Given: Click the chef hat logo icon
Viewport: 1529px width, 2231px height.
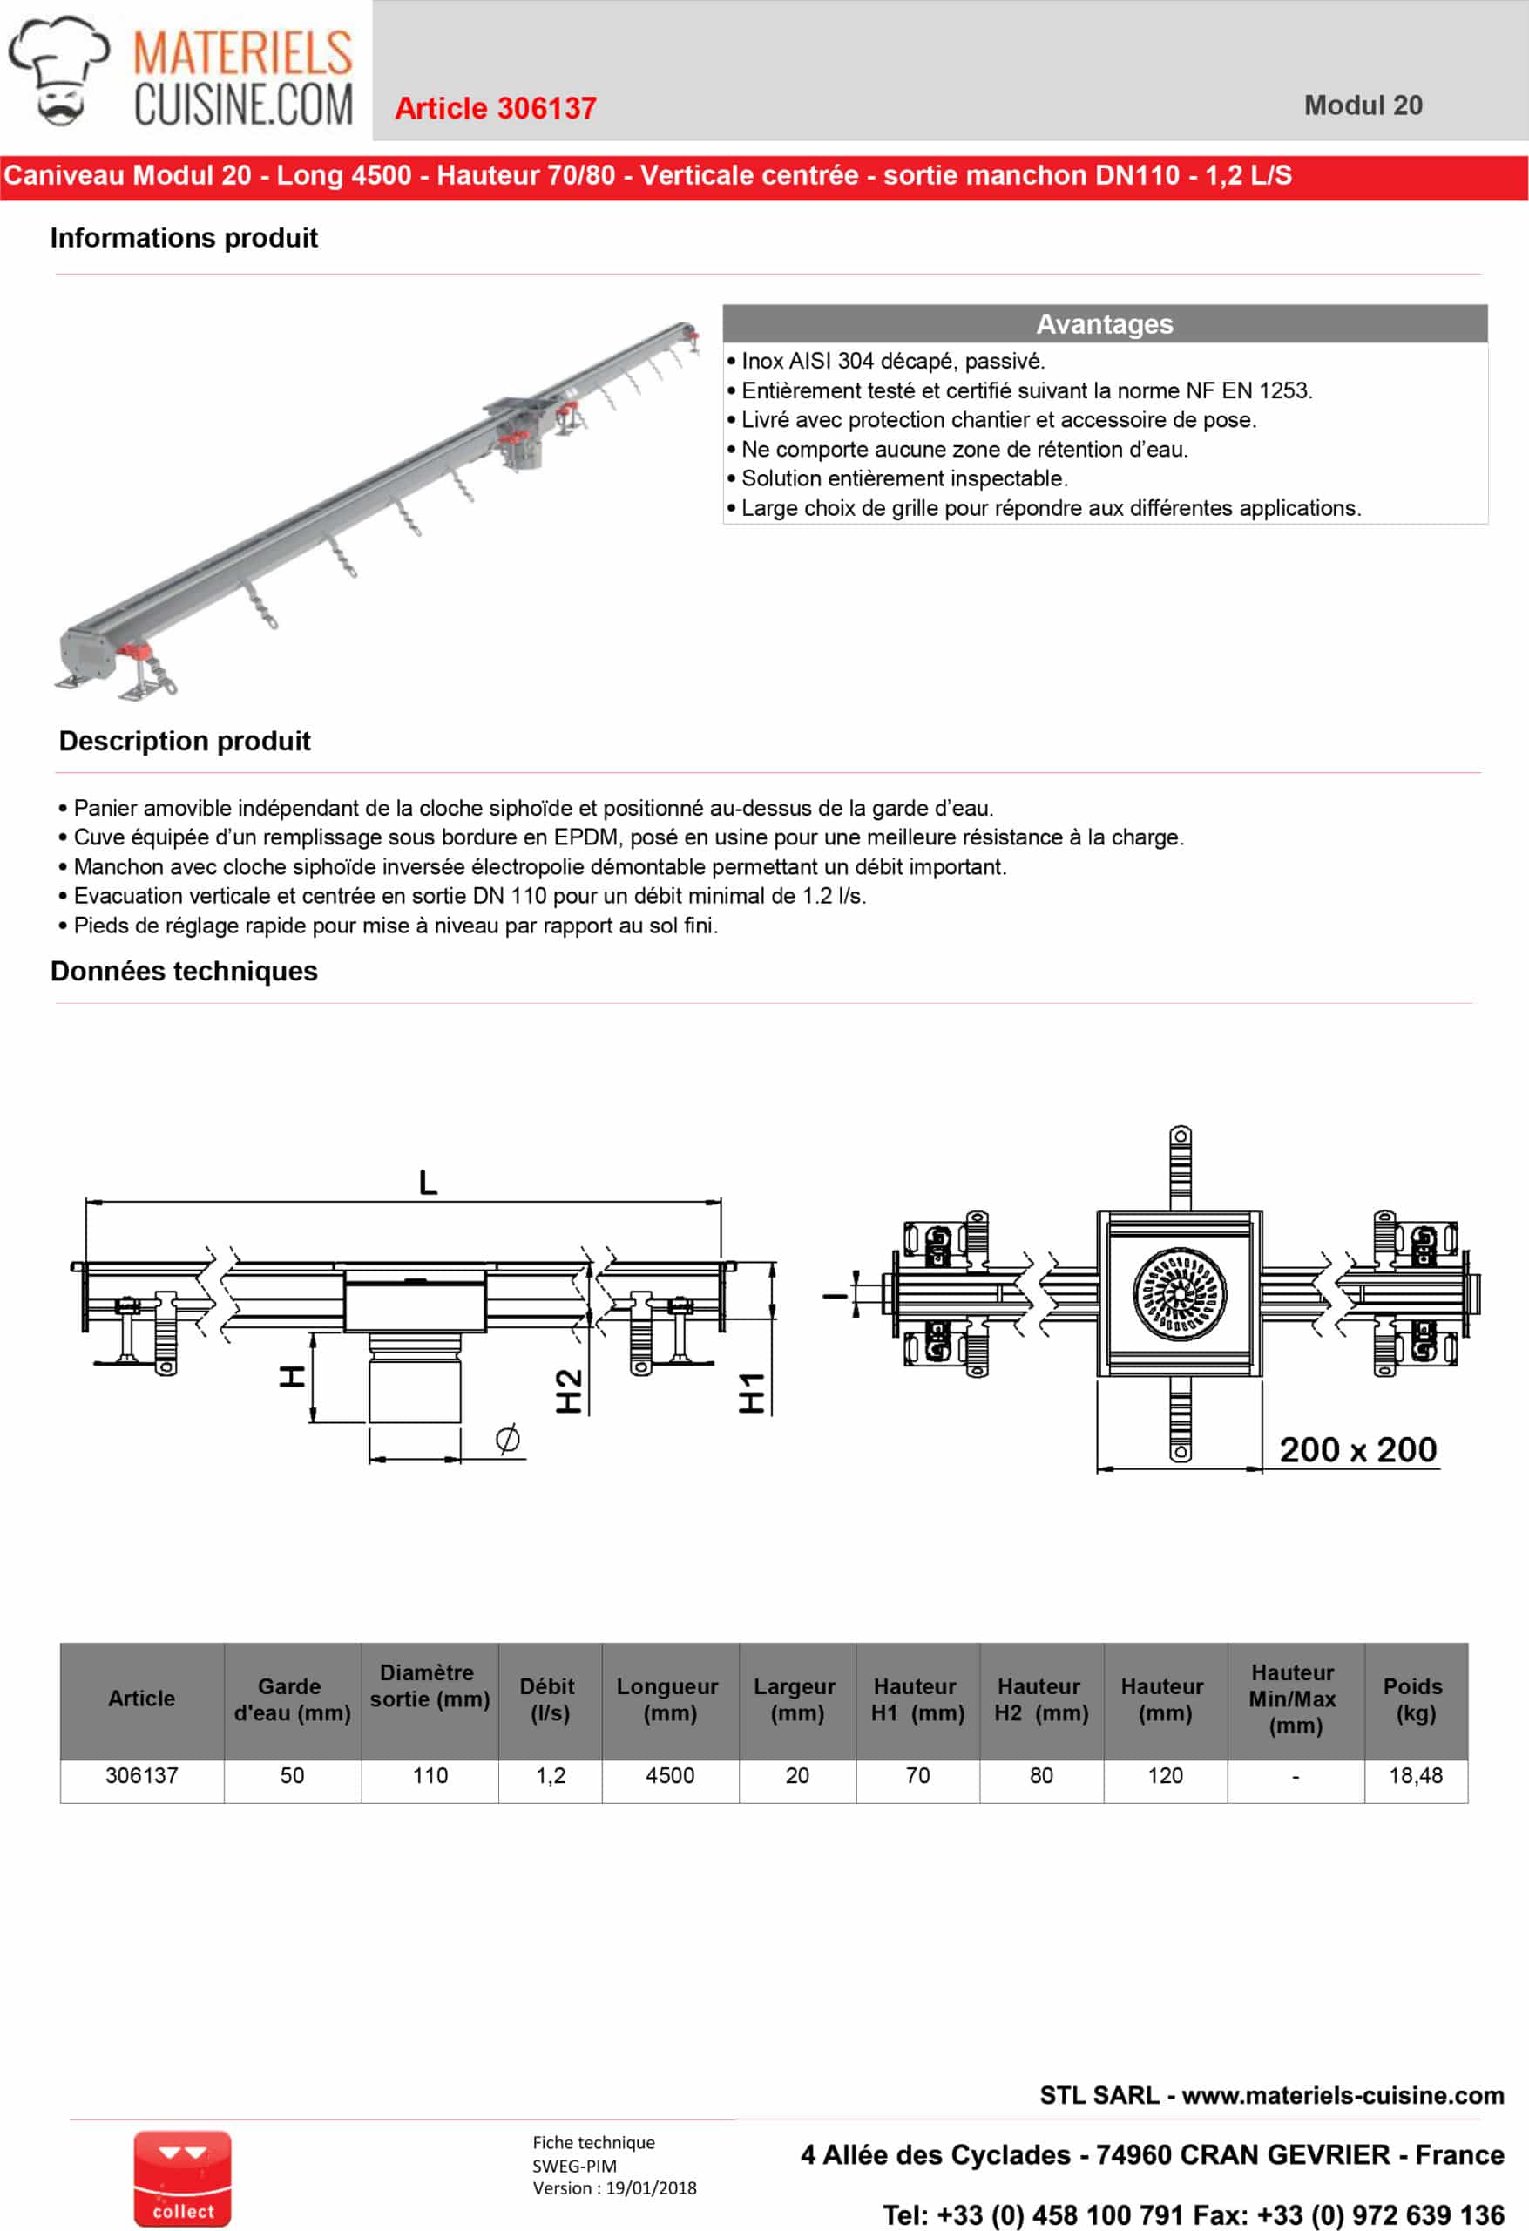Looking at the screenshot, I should tap(58, 69).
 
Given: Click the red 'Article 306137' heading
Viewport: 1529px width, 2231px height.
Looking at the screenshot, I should tap(495, 108).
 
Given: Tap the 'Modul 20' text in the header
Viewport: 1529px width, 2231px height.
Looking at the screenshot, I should tap(1362, 105).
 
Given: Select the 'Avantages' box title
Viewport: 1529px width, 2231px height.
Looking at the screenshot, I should tap(1104, 324).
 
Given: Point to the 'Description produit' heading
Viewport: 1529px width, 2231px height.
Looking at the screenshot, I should tap(185, 741).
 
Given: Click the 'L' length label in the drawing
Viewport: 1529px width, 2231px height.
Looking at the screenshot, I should tap(428, 1182).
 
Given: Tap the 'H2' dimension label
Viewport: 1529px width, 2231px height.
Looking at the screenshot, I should tap(569, 1391).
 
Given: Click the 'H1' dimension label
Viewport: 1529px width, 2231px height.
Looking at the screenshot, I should tap(752, 1393).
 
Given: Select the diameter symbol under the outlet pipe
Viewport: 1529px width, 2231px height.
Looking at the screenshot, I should tap(508, 1438).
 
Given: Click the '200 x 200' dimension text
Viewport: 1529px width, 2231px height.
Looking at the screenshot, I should tap(1357, 1449).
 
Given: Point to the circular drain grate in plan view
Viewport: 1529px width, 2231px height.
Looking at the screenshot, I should tap(1179, 1294).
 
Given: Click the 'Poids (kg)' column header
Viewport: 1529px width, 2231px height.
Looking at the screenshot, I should tap(1414, 1700).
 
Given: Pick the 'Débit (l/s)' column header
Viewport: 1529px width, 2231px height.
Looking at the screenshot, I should tap(549, 1700).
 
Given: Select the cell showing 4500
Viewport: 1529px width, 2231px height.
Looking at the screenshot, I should tap(669, 1776).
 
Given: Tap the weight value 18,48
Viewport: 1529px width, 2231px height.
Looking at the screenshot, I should tap(1415, 1776).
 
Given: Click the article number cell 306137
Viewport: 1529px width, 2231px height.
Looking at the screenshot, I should tap(141, 1776).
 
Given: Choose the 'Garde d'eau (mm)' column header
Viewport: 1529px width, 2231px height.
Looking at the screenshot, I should tap(292, 1700).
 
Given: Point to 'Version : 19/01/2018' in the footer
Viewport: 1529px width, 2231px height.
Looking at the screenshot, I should tap(614, 2187).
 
